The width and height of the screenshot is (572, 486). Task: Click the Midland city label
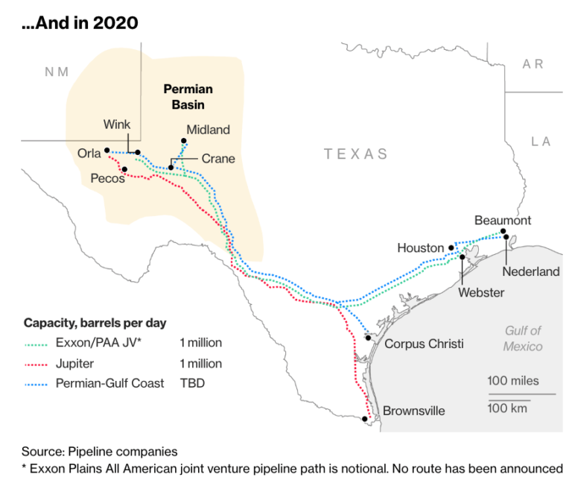pyautogui.click(x=208, y=130)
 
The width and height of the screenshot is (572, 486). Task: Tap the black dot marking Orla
pyautogui.click(x=107, y=149)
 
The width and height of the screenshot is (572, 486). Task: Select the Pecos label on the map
pyautogui.click(x=107, y=178)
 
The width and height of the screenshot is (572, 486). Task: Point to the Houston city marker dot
pyautogui.click(x=451, y=247)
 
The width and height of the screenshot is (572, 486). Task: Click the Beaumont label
pyautogui.click(x=503, y=220)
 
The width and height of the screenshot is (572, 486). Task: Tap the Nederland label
pyautogui.click(x=530, y=271)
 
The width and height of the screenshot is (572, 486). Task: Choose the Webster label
pyautogui.click(x=480, y=292)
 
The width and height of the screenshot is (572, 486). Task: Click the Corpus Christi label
pyautogui.click(x=424, y=344)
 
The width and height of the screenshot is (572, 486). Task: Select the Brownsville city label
pyautogui.click(x=414, y=411)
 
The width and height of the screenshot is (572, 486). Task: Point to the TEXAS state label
pyautogui.click(x=356, y=154)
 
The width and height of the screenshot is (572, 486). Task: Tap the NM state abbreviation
pyautogui.click(x=57, y=72)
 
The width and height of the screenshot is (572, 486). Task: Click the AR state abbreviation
pyautogui.click(x=533, y=64)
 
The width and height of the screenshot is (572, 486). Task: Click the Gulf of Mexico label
pyautogui.click(x=523, y=338)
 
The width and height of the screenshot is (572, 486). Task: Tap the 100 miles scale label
pyautogui.click(x=513, y=381)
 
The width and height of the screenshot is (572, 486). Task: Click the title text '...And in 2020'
pyautogui.click(x=80, y=23)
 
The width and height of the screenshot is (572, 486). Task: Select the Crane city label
pyautogui.click(x=218, y=159)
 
